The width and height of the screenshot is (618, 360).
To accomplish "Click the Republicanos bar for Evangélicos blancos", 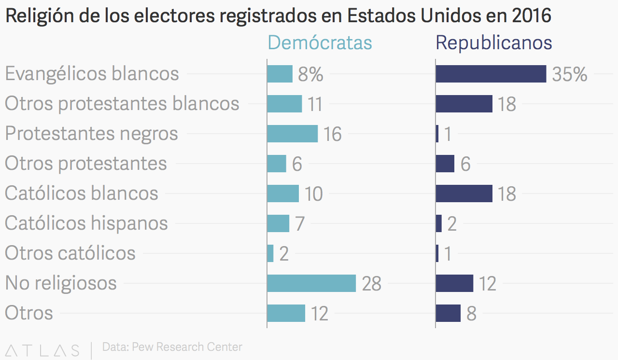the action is click(491, 74).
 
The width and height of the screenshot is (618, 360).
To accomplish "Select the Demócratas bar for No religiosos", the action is click(311, 283).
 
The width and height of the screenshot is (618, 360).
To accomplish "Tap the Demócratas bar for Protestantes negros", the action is click(293, 134).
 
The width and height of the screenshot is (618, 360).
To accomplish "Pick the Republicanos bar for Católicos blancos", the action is click(464, 194).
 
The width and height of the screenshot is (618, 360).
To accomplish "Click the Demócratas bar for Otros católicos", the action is click(270, 253).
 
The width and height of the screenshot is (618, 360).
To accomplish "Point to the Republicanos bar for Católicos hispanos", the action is click(439, 223).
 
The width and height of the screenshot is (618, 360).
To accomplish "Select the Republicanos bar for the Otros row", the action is click(449, 313).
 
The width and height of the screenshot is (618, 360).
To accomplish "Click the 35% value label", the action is click(570, 74).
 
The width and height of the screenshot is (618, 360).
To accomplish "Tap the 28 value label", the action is click(372, 284).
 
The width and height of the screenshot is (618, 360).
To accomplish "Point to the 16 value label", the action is click(333, 134).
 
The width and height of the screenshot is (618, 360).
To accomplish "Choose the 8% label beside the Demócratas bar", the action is click(310, 74).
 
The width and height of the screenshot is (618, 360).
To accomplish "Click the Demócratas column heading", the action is click(320, 42).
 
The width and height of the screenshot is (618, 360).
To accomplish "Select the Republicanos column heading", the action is click(494, 43).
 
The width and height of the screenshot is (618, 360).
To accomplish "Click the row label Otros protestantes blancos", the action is click(122, 104).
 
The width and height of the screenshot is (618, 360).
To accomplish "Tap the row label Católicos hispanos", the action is click(86, 223).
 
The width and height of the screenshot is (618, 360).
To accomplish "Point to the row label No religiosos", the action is click(61, 283).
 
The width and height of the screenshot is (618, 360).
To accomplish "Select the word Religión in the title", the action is click(40, 16).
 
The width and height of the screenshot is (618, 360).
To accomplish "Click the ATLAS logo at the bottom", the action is click(42, 350).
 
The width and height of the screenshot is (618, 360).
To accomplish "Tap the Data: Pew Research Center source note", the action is click(172, 347).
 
